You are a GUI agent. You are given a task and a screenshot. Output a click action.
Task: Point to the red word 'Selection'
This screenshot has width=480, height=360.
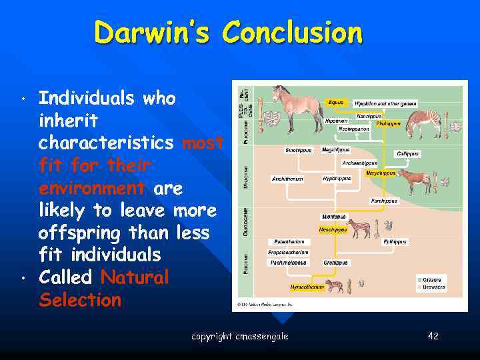coord(80,300)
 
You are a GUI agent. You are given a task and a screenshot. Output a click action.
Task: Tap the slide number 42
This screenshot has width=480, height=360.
coord(433,335)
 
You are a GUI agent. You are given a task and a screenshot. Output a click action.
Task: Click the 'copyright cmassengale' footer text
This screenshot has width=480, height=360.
coord(239,336)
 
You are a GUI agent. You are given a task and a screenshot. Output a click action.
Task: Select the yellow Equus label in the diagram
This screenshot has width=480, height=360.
coord(336,103)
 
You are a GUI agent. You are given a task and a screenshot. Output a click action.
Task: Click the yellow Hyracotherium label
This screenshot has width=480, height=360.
coord(307,287)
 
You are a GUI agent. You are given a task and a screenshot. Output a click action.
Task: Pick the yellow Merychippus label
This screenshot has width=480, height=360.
coord(381,173)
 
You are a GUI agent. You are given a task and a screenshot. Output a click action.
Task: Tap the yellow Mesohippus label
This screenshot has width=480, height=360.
coord(333,229)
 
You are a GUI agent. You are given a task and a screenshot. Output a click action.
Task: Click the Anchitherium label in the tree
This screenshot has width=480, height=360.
coord(287,179)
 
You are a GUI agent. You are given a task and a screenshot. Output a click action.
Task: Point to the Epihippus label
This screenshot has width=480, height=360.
coord(395,242)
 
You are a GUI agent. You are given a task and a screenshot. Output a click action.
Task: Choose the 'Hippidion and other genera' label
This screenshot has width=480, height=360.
coord(385,103)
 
